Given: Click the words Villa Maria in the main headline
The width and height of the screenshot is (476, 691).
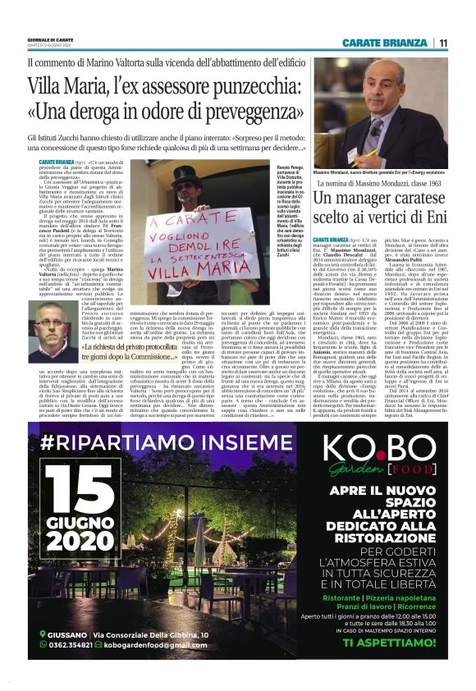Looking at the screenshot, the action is [x=67, y=85].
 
